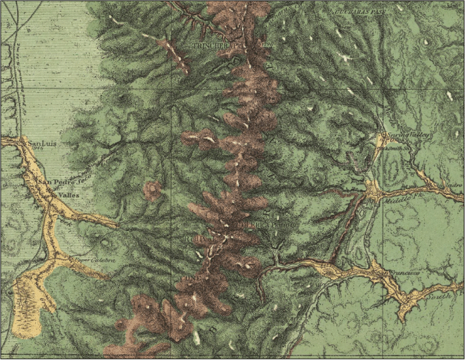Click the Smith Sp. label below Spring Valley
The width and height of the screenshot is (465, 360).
pyautogui.click(x=400, y=148)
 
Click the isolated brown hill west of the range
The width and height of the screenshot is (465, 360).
pyautogui.click(x=153, y=190)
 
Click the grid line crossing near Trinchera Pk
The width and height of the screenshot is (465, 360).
pyautogui.click(x=173, y=86)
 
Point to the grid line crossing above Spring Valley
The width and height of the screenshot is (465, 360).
pyautogui.click(x=383, y=86)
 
